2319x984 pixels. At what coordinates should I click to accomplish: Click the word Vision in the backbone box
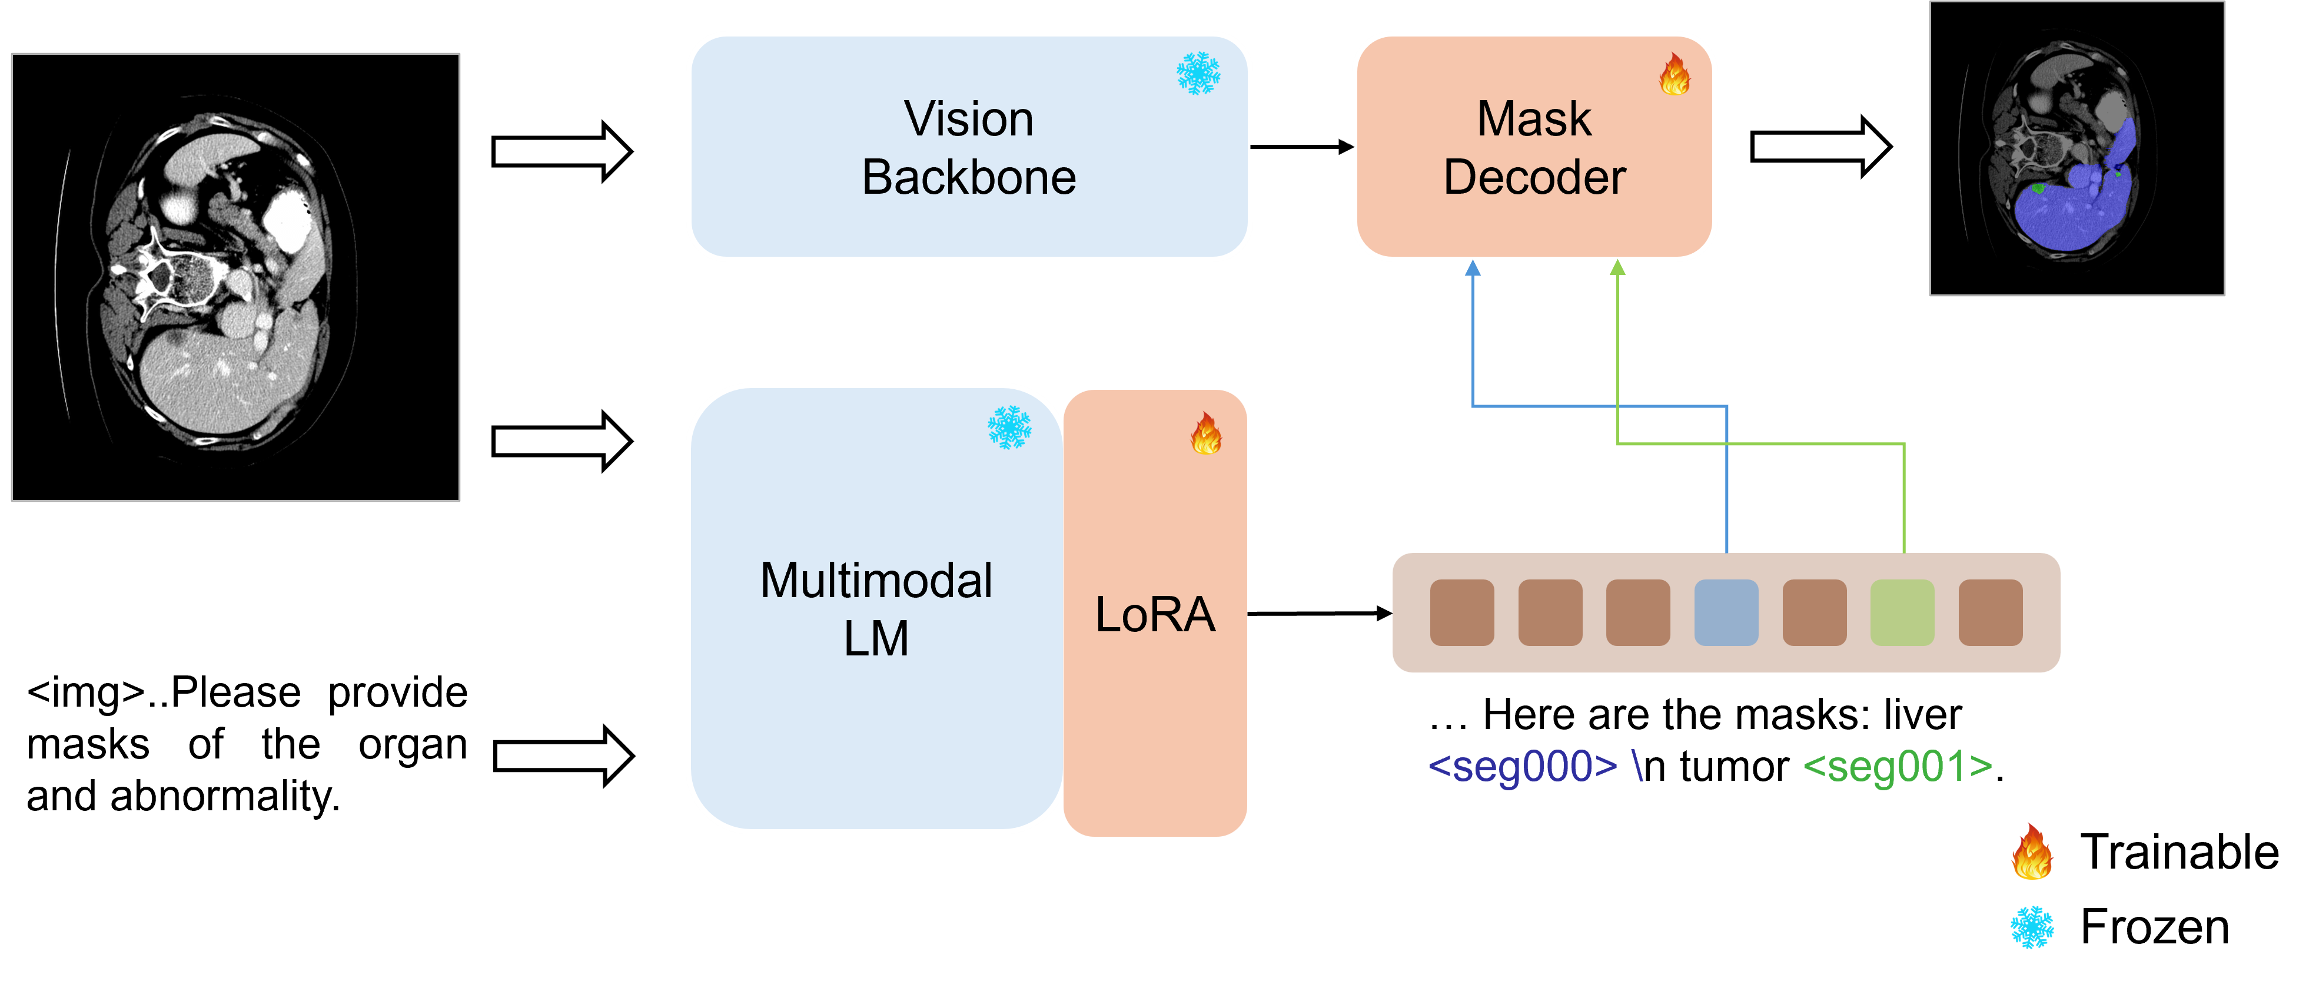(969, 119)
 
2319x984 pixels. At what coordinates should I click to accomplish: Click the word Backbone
(969, 177)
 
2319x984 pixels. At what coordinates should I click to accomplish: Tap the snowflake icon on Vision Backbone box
(1198, 73)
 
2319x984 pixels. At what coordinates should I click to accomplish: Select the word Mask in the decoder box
(1534, 119)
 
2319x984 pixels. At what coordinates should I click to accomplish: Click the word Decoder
(1534, 177)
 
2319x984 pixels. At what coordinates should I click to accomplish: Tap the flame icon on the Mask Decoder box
(1675, 74)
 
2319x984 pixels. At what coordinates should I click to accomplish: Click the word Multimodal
(876, 581)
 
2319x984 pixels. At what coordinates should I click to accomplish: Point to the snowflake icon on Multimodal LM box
(1009, 427)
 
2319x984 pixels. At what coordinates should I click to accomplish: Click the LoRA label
(1155, 615)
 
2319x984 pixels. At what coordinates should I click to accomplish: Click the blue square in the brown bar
(1726, 612)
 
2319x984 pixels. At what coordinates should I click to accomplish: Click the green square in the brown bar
(1902, 612)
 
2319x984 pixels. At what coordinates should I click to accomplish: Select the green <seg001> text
(1898, 766)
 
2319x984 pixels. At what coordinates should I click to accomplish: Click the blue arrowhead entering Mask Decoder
(1473, 269)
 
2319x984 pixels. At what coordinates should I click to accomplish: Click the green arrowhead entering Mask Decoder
(1618, 269)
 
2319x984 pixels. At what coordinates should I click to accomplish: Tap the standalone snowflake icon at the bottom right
(2032, 927)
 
